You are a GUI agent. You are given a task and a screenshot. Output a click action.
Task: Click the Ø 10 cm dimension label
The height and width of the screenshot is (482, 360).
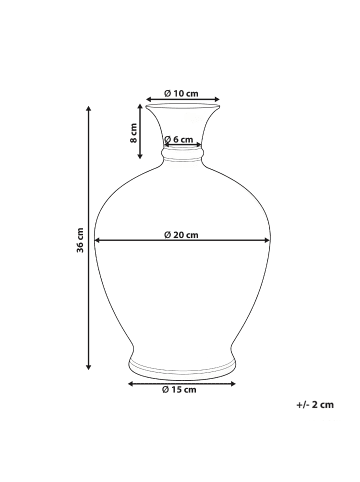tap(181, 93)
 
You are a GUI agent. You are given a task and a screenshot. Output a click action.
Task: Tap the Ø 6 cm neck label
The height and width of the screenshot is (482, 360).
tap(179, 139)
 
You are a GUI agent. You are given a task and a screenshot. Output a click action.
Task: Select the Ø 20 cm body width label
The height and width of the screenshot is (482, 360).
tap(181, 235)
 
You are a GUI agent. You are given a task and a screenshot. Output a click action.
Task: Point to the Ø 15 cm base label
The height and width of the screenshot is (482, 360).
tap(179, 389)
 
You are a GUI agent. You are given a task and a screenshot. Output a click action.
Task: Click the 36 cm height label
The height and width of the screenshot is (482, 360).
tap(80, 240)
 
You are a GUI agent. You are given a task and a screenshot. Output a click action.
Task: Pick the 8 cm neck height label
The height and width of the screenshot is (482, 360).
tap(133, 133)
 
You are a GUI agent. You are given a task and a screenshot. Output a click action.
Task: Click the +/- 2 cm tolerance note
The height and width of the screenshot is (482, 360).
tap(315, 405)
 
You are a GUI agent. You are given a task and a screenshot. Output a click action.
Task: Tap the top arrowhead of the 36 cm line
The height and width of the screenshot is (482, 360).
tap(88, 109)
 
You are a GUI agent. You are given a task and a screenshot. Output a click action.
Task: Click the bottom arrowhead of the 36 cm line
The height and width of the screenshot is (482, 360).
tap(88, 367)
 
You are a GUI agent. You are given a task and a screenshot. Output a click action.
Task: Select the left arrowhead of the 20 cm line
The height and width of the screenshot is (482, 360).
tap(98, 240)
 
